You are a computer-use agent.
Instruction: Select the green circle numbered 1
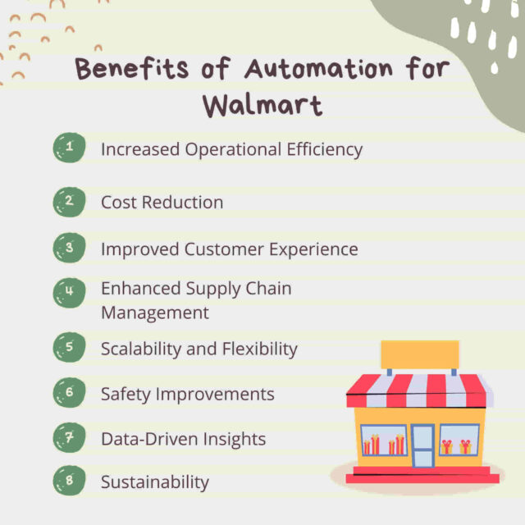pos(69,148)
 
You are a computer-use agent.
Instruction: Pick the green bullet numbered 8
pos(69,482)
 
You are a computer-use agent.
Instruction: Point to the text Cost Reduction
pos(162,202)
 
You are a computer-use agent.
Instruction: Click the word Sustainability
pos(154,482)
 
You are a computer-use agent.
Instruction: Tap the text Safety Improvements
pos(187,394)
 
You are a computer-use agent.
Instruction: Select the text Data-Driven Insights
pos(183,439)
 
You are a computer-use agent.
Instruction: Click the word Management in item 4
pos(154,313)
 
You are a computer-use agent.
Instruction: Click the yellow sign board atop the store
pos(419,354)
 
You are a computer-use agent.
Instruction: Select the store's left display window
pos(383,441)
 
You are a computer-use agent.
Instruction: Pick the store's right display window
pos(459,441)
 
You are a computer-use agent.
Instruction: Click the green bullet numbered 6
pos(69,392)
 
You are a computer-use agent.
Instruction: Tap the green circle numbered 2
pos(69,201)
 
